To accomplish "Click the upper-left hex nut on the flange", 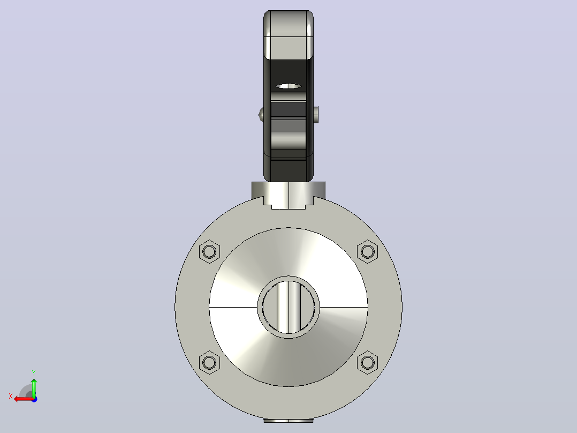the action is pos(209,252).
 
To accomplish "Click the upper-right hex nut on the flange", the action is pos(367,252).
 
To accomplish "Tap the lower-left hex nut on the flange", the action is pos(209,363).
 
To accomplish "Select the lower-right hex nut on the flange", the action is pos(367,363).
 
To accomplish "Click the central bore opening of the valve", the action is pos(288,307).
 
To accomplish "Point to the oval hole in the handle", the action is pos(288,86).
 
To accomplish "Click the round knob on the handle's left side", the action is pos(261,114).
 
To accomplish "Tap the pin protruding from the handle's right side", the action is pos(316,114).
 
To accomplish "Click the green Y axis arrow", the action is pos(34,387).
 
